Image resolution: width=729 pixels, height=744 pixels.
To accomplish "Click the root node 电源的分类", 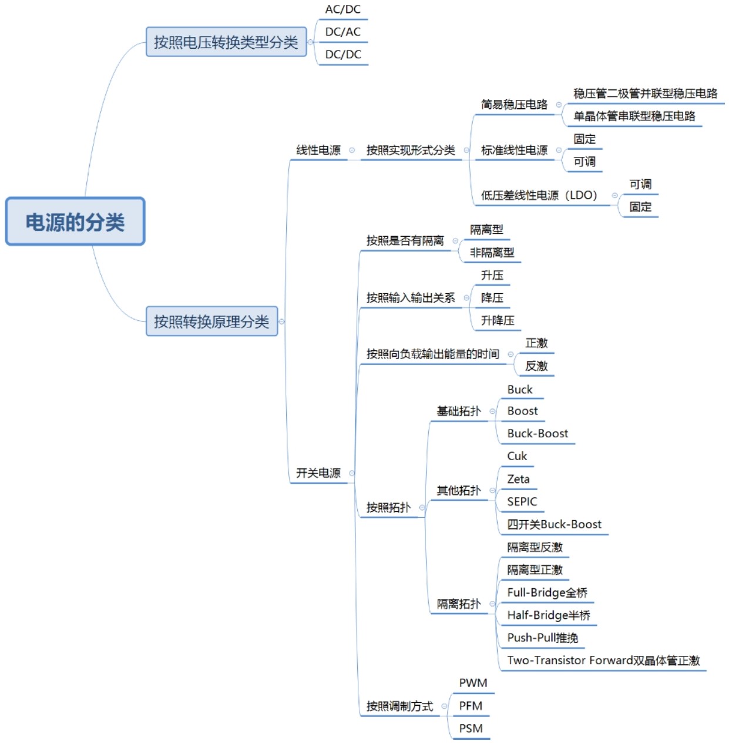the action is tap(75, 221).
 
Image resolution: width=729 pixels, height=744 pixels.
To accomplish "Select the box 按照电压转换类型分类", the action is tap(226, 42).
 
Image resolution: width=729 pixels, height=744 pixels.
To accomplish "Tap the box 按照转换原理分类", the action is tap(211, 321).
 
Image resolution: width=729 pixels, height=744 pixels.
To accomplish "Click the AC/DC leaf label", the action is tap(343, 9).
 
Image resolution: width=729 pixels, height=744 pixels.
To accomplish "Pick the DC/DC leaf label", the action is tap(343, 55).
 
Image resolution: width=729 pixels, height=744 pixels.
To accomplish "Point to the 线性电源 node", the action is tap(318, 150).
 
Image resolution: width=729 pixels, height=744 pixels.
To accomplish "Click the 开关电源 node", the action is tap(318, 473).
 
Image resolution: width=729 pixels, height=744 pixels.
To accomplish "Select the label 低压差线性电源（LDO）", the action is tap(539, 195).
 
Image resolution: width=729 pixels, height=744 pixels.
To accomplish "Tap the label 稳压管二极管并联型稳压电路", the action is tap(645, 93).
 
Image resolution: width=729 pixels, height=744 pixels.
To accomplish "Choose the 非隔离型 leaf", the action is tap(492, 253).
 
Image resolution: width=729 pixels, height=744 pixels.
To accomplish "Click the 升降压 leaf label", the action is tap(498, 320).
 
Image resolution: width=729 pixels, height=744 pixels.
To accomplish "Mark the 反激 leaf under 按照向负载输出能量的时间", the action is tap(536, 366).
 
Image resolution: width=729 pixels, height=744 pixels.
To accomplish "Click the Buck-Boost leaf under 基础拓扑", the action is tap(537, 434).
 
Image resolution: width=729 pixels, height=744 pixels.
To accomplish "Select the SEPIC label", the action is tap(522, 501).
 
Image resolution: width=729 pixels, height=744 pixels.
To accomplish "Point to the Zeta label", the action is tap(518, 479).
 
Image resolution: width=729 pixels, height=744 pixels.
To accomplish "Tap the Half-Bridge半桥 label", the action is tap(549, 615).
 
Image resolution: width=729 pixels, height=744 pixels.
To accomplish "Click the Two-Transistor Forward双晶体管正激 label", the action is tap(603, 661).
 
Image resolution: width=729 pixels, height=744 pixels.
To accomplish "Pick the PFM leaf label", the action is tap(471, 706).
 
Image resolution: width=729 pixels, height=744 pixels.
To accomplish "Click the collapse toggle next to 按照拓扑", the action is tap(422, 508).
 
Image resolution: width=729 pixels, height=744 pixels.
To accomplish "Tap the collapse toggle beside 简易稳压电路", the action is tap(559, 105).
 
